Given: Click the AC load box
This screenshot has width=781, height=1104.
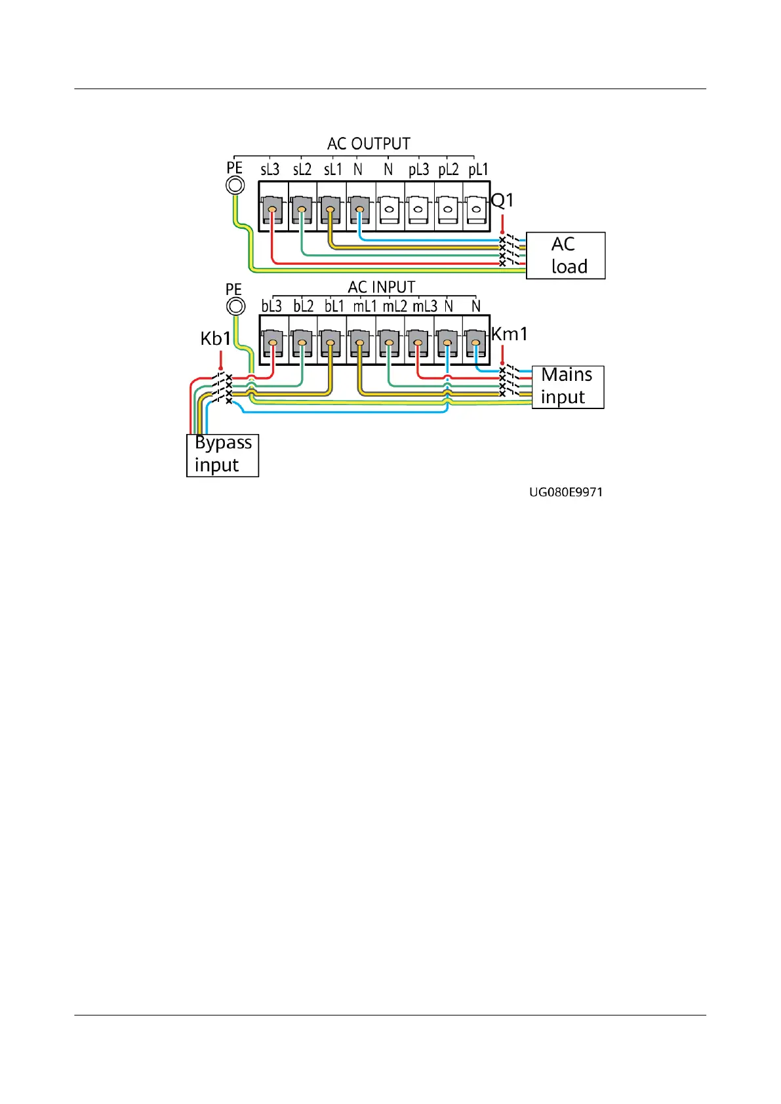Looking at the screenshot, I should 565,256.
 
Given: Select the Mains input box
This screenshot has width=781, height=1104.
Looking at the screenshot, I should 567,387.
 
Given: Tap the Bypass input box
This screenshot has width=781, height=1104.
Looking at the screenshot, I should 222,455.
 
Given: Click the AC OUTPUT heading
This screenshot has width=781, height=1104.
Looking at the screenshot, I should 369,144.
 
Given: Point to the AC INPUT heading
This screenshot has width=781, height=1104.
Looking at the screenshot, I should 381,287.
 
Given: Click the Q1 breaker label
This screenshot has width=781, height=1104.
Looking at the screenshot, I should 502,200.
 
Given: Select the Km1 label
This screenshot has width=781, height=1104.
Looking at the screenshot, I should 510,334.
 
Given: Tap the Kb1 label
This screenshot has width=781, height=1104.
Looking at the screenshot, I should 216,339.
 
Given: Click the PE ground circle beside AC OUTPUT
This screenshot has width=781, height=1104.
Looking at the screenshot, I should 235,186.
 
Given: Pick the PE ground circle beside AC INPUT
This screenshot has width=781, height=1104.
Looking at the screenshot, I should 235,306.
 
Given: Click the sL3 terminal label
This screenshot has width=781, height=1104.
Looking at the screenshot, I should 270,170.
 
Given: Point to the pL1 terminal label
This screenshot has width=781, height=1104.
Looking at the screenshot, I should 478,170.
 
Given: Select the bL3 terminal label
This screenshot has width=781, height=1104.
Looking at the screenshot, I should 271,306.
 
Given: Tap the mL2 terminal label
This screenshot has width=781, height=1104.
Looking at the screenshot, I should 395,306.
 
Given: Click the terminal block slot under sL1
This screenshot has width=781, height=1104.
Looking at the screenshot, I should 330,211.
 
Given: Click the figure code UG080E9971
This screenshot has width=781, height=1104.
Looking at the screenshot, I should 566,492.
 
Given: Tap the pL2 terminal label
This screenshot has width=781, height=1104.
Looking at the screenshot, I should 449,170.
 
